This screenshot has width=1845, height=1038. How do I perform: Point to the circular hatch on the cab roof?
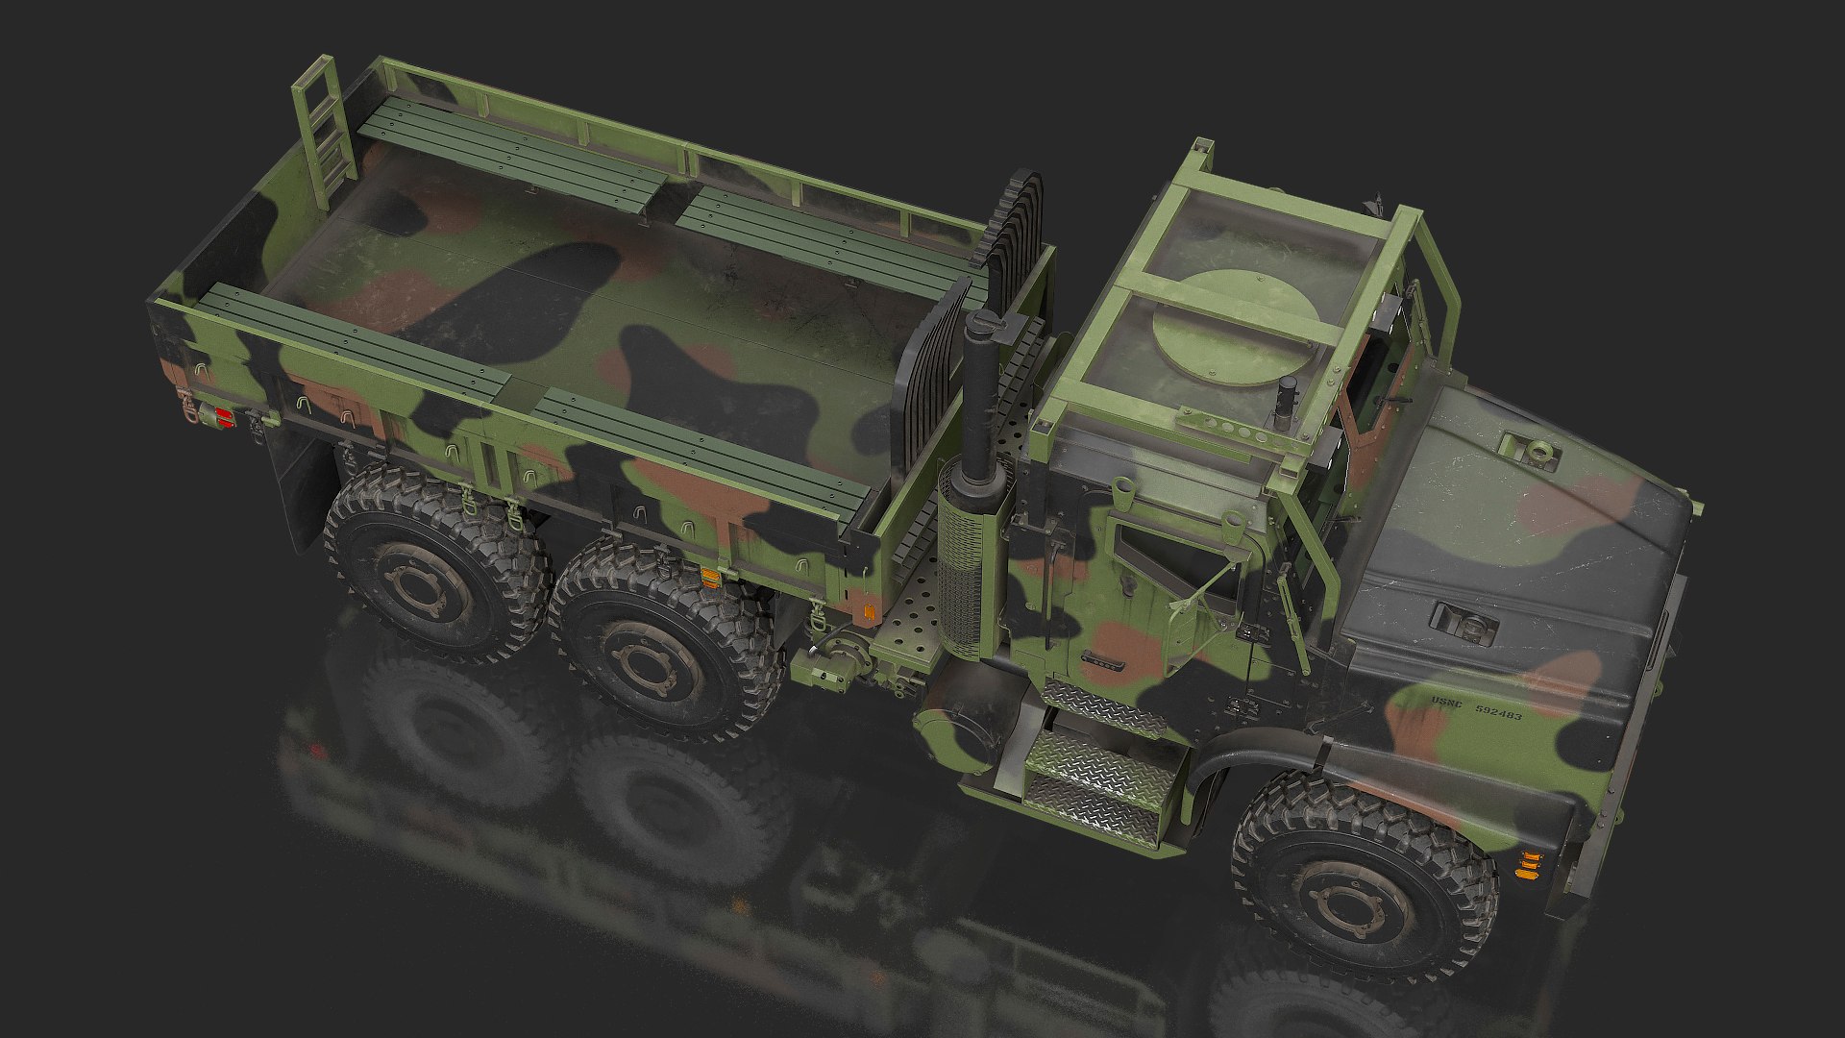click(1234, 328)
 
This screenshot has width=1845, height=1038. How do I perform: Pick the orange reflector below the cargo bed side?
click(711, 577)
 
